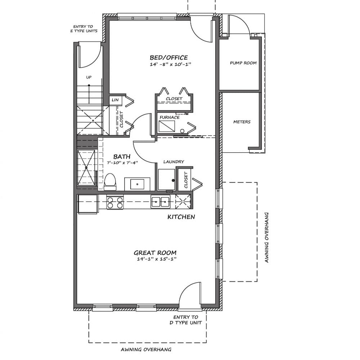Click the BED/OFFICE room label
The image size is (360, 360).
coord(169,57)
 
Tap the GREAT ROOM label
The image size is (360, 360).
coord(155,253)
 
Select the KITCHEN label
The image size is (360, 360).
coord(181,217)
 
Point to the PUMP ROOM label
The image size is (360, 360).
coord(243,63)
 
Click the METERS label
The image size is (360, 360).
coord(242,122)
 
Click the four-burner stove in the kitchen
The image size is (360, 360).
coord(115,202)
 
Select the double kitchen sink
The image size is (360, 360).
coord(161,202)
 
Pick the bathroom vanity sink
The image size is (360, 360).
coord(137,184)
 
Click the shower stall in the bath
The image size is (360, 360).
coord(86,168)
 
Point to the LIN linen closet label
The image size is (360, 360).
coord(115,100)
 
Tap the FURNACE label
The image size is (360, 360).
coord(170,117)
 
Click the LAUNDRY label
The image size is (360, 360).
coord(174,162)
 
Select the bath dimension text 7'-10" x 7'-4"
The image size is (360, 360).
coord(122,163)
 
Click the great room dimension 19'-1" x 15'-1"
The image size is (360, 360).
coord(157,259)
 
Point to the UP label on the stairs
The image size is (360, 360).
coord(89,77)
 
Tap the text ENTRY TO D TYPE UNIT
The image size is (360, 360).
coord(186,320)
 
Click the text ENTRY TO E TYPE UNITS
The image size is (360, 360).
coord(84,29)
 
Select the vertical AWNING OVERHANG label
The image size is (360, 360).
coord(266,237)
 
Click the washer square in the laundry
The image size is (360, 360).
coord(167,180)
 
